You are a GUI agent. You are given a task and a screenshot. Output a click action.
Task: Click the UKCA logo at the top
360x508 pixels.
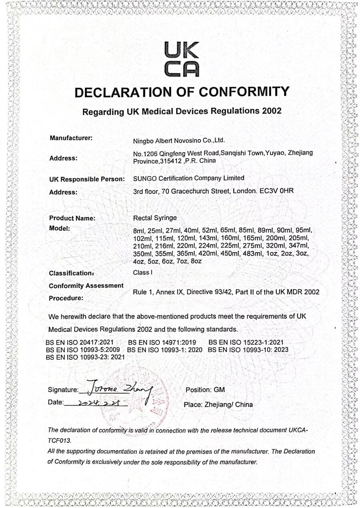click(181, 60)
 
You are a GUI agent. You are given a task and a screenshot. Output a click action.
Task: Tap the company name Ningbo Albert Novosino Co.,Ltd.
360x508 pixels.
click(179, 140)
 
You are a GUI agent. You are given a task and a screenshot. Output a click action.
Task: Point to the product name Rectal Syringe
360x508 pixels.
click(154, 218)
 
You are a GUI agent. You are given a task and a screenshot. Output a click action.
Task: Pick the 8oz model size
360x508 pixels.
click(196, 261)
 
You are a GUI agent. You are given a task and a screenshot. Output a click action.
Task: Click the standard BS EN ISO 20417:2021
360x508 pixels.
click(80, 343)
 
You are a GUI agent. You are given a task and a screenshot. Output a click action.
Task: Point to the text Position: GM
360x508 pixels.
click(205, 389)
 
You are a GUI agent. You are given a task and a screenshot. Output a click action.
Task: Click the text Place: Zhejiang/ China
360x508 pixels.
click(218, 404)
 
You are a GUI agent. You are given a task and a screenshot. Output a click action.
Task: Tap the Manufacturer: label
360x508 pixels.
click(71, 138)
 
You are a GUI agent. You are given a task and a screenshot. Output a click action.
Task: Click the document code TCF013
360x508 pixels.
click(59, 440)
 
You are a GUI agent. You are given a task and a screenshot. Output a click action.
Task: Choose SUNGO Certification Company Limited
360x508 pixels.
click(188, 178)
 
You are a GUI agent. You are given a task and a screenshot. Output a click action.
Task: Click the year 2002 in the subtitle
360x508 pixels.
click(272, 111)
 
